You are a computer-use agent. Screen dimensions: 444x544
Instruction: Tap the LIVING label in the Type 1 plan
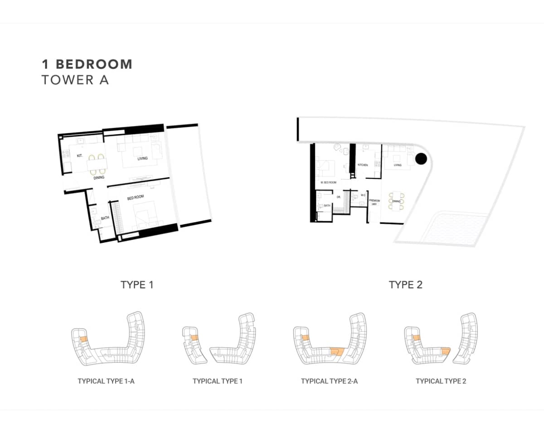[x=143, y=159]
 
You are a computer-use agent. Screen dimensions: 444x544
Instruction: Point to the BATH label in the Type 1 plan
[x=105, y=218]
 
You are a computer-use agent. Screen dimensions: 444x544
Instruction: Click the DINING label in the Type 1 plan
[x=99, y=178]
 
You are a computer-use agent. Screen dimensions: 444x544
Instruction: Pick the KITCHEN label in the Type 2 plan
[x=363, y=165]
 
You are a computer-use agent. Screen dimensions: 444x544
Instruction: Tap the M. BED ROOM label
[x=328, y=183]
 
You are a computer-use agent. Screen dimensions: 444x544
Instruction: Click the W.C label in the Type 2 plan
[x=363, y=195]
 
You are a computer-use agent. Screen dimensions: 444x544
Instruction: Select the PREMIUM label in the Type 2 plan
[x=374, y=200]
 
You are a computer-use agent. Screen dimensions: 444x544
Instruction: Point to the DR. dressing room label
[x=338, y=197]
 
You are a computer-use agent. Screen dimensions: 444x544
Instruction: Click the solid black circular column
[x=421, y=159]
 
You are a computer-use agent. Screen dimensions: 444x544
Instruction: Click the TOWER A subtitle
[x=75, y=80]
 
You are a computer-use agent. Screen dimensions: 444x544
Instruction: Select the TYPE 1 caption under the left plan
[x=137, y=285]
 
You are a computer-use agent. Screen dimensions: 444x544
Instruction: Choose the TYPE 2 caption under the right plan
[x=405, y=285]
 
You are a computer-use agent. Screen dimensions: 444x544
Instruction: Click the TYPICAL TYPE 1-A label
[x=106, y=381]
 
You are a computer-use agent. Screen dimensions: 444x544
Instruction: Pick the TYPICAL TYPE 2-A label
[x=329, y=381]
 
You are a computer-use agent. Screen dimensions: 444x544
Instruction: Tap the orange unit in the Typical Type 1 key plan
[x=194, y=338]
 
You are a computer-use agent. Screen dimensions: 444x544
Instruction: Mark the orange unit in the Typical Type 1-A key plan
[x=83, y=338]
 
